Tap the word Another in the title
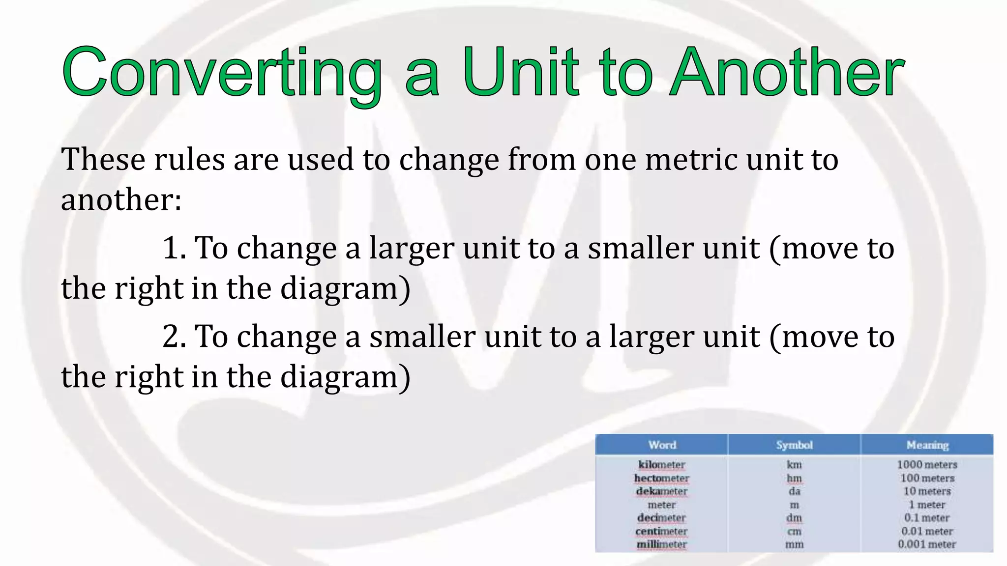[x=787, y=73]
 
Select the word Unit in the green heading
[x=521, y=73]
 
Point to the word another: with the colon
[x=121, y=200]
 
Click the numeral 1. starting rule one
[x=174, y=248]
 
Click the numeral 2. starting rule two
[x=174, y=337]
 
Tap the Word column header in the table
[x=662, y=445]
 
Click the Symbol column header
[x=794, y=445]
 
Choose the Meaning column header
[x=927, y=445]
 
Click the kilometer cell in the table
[x=661, y=465]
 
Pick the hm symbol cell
[x=794, y=478]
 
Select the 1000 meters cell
[x=927, y=465]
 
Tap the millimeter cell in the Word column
[x=661, y=544]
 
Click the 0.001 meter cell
[x=927, y=544]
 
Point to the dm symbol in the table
[x=794, y=518]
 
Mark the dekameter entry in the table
[x=661, y=491]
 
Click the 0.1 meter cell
[x=927, y=518]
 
